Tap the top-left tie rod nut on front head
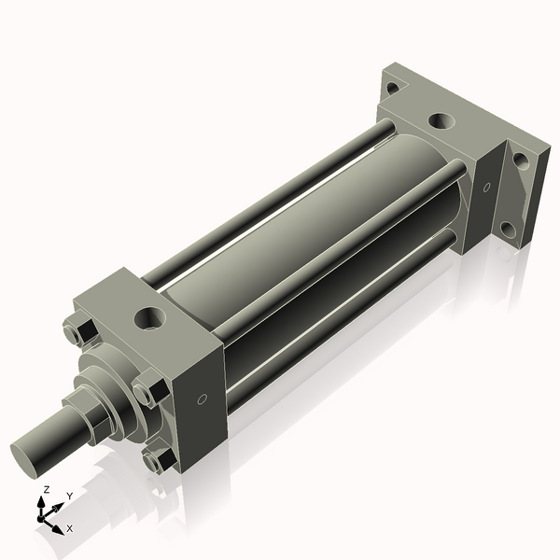click(78, 331)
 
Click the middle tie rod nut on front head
click(148, 389)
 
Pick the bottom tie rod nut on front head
click(159, 458)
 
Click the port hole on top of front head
click(149, 319)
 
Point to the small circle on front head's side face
click(203, 399)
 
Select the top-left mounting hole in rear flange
click(392, 88)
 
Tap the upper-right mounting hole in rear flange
click(521, 160)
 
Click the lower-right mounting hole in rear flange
click(508, 228)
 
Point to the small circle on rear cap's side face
click(485, 187)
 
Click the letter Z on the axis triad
click(45, 489)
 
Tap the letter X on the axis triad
click(69, 528)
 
